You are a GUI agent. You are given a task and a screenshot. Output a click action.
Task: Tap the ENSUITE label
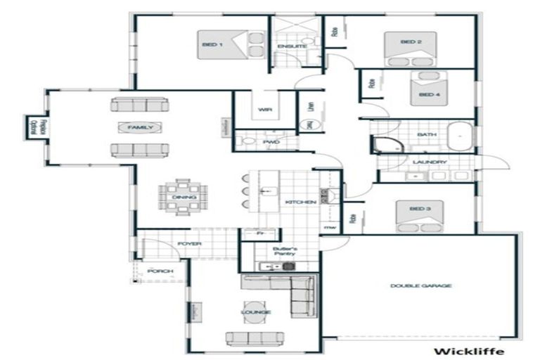coord(288,47)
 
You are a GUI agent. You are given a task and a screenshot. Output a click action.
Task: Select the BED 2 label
coord(411,42)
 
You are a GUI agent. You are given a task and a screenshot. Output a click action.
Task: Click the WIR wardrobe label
coord(265,110)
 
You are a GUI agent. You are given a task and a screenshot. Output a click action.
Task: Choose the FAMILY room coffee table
coord(140,127)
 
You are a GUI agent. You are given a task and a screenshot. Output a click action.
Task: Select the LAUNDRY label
coord(430,162)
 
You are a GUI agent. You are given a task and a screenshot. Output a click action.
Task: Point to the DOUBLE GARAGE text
coord(421,285)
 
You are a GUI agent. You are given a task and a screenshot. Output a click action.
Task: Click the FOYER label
coord(189,244)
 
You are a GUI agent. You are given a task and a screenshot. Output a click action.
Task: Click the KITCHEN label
coord(297,202)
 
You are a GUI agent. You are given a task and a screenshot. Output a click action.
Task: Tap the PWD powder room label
coord(271,141)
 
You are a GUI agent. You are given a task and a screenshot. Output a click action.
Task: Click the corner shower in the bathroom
coord(385,145)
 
